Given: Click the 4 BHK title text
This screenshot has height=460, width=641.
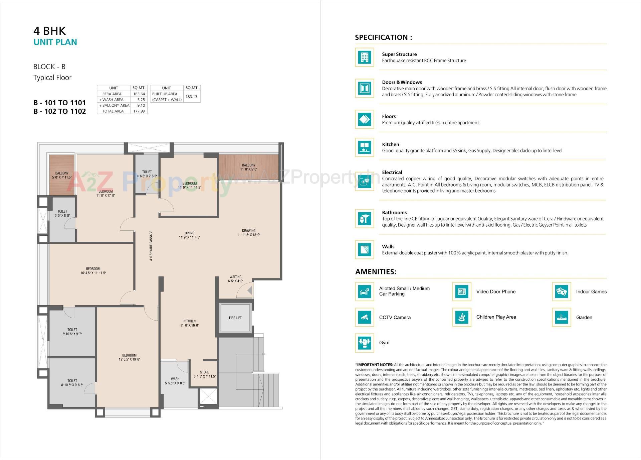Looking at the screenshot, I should point(49,31).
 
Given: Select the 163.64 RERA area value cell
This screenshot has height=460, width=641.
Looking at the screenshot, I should point(139,94).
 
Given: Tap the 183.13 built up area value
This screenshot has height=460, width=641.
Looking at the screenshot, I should point(191,97).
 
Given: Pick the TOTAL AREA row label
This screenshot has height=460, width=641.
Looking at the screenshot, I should point(113,111).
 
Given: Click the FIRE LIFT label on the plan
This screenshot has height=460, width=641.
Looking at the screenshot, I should point(235,318).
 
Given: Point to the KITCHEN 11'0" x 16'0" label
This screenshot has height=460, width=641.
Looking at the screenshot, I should point(189,323).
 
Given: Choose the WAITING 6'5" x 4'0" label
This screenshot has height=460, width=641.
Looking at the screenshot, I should point(235,279).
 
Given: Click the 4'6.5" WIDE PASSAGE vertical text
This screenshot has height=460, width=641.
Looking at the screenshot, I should point(151,245).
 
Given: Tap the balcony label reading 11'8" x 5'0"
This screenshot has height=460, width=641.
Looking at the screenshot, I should point(248,167).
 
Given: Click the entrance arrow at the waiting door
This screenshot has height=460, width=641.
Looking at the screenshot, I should point(249,291).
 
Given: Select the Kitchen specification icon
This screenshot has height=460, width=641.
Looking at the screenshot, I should point(364,147).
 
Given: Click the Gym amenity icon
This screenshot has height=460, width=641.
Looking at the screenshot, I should point(364,343).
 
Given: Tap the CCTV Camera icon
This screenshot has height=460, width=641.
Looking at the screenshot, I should point(364,317).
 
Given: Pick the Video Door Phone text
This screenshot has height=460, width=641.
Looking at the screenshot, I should point(495,292).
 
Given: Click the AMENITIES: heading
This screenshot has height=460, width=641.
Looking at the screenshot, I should point(376,271).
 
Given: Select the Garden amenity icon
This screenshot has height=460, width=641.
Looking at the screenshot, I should point(561,317).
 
